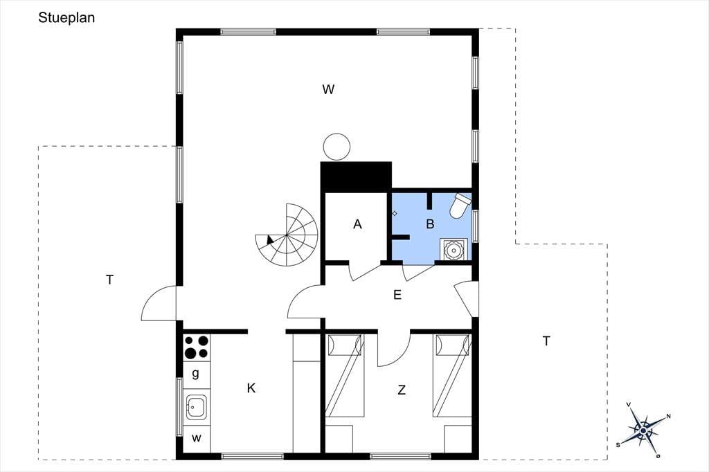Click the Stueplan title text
(x=66, y=18)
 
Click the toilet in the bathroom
(x=460, y=206)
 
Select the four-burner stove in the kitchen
(x=197, y=347)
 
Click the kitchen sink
(x=197, y=407)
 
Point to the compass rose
(x=643, y=430)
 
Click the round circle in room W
(x=337, y=147)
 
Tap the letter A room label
(x=357, y=224)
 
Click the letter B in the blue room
(x=430, y=224)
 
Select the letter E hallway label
(x=397, y=296)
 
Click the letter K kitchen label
(x=251, y=388)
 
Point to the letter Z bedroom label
(x=402, y=389)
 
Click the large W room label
(x=328, y=89)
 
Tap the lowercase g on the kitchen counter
(x=196, y=374)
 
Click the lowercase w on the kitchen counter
(x=196, y=438)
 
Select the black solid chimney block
(x=356, y=176)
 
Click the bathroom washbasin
(x=454, y=250)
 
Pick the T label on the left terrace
(x=109, y=280)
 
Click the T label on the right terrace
(x=546, y=341)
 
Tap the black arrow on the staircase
(x=271, y=240)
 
